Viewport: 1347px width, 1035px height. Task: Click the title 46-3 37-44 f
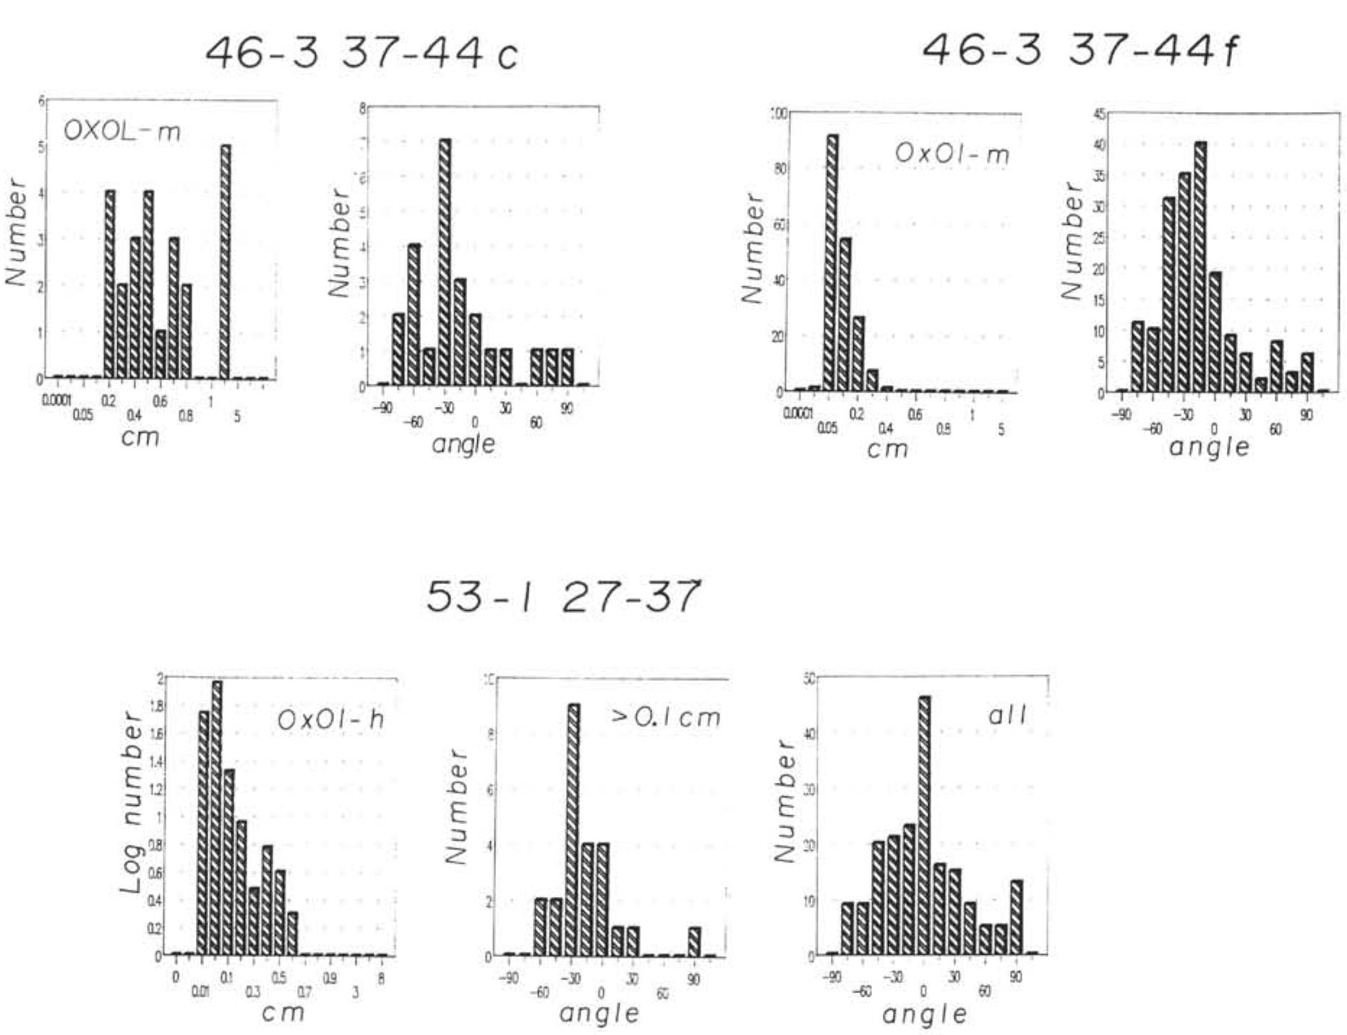[x=1079, y=51]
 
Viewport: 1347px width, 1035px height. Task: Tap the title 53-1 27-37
[x=563, y=596]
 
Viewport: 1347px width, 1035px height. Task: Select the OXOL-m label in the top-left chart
[x=122, y=132]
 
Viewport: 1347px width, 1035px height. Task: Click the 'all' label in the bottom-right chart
[x=1007, y=715]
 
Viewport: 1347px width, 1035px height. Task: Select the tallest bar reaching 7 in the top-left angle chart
[x=445, y=262]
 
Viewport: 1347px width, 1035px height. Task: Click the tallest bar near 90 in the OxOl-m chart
[x=832, y=263]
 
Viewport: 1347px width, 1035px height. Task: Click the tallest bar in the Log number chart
[x=216, y=817]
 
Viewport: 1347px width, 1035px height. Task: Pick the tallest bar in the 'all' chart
[x=924, y=825]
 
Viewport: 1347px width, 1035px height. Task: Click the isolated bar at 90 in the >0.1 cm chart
[x=694, y=941]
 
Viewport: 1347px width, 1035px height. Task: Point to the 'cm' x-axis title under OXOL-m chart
[x=141, y=437]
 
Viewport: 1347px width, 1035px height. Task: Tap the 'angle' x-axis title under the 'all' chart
[x=925, y=1013]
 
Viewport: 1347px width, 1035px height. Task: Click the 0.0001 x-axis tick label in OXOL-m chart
[x=56, y=400]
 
